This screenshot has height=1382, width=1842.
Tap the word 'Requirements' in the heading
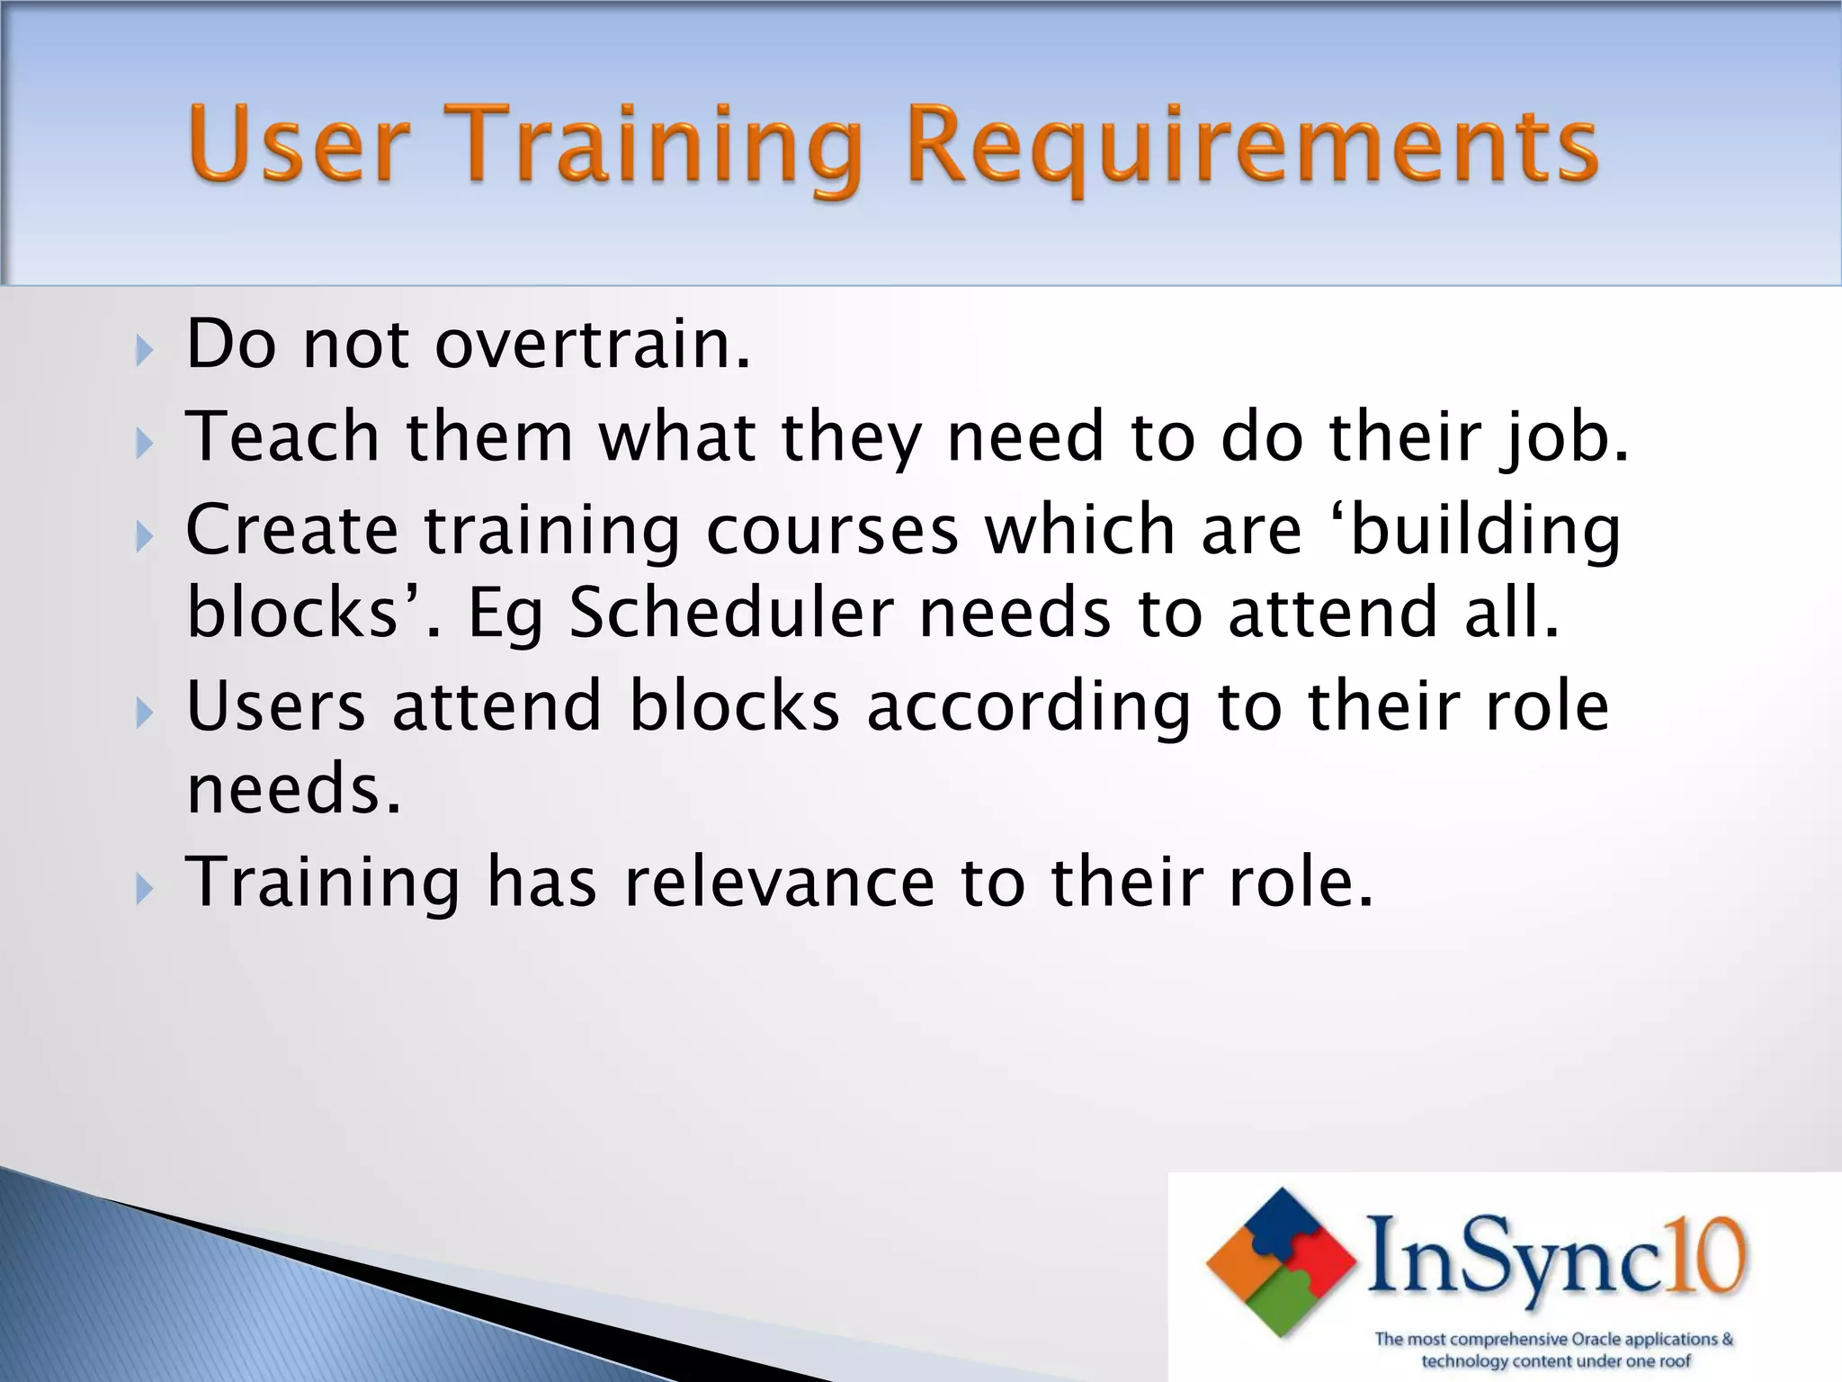pyautogui.click(x=1252, y=147)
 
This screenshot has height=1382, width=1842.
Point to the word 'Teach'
pyautogui.click(x=282, y=435)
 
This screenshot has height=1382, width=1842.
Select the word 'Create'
pyautogui.click(x=291, y=529)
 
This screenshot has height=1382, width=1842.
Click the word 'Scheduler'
pyautogui.click(x=731, y=614)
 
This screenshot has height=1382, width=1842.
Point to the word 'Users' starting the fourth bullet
pyautogui.click(x=276, y=705)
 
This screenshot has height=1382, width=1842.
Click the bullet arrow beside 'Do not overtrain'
pyautogui.click(x=145, y=349)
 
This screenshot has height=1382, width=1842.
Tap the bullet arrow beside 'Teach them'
pyautogui.click(x=145, y=442)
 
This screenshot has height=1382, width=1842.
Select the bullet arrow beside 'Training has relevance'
pyautogui.click(x=145, y=889)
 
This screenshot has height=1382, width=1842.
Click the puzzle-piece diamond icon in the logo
pyautogui.click(x=1281, y=1261)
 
